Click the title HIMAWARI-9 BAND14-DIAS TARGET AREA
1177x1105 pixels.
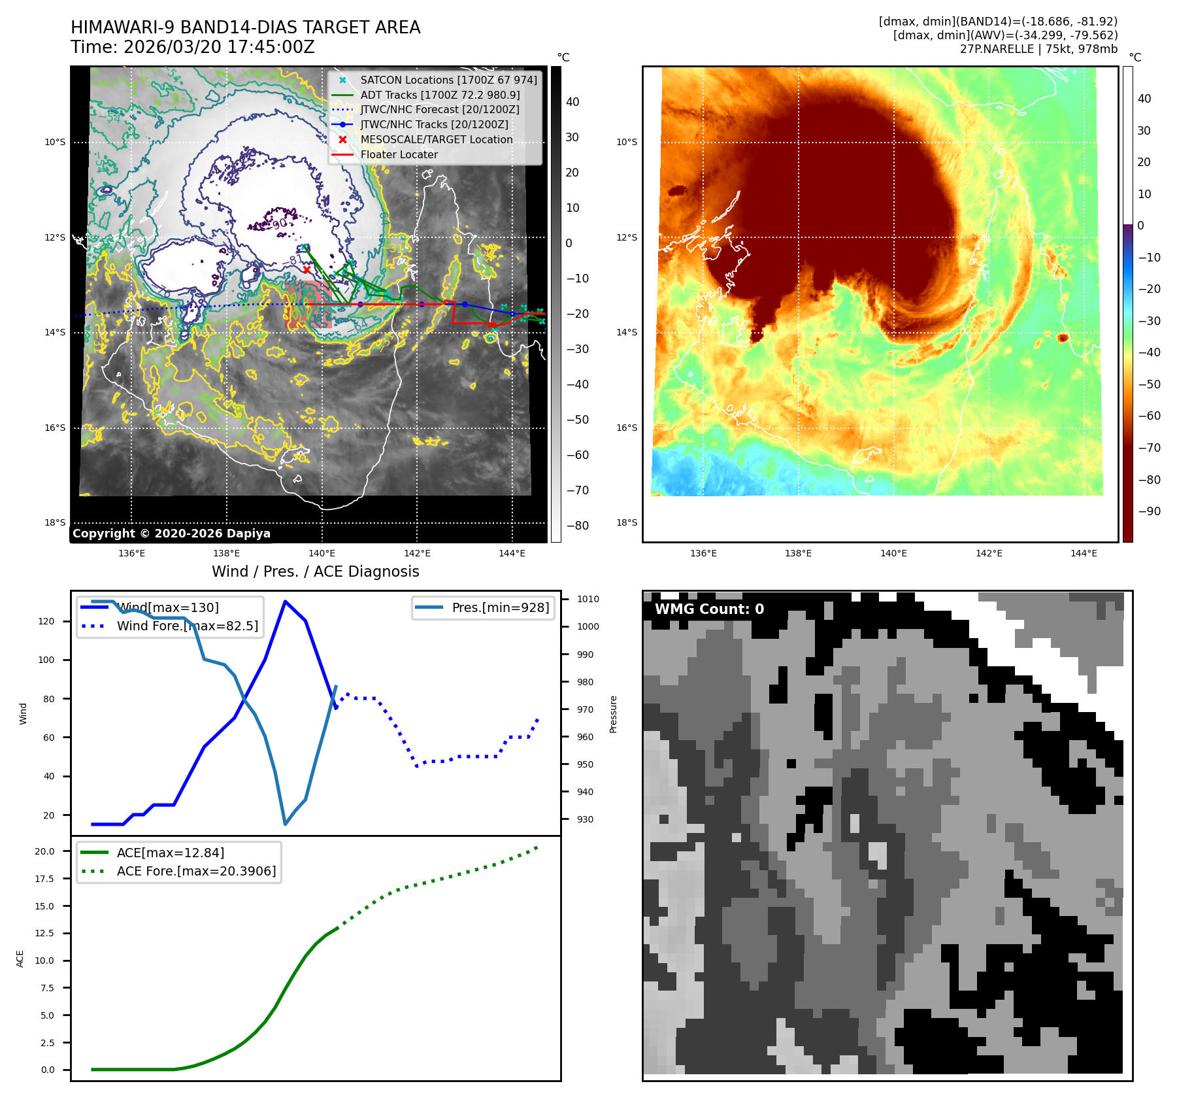coord(245,27)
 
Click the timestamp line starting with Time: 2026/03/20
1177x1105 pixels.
coord(193,47)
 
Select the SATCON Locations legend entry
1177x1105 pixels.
coord(448,80)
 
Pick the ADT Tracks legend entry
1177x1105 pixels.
coord(440,95)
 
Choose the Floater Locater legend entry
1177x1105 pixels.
coord(399,154)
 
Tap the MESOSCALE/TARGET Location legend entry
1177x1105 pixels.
coord(436,139)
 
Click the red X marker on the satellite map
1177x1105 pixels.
coord(307,269)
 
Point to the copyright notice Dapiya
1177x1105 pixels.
coord(171,534)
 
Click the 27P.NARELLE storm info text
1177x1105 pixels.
coord(1038,49)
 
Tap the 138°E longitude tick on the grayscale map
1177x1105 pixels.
coord(227,554)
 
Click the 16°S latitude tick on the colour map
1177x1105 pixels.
coord(627,428)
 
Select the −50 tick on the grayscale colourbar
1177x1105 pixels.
coord(577,420)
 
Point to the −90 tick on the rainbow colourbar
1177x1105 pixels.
coord(1149,511)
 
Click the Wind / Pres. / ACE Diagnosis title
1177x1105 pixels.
coord(315,571)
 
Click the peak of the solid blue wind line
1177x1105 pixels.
coord(285,601)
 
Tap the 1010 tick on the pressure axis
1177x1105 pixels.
coord(588,599)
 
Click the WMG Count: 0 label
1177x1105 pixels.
coord(709,609)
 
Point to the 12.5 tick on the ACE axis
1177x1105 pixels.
coord(44,933)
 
